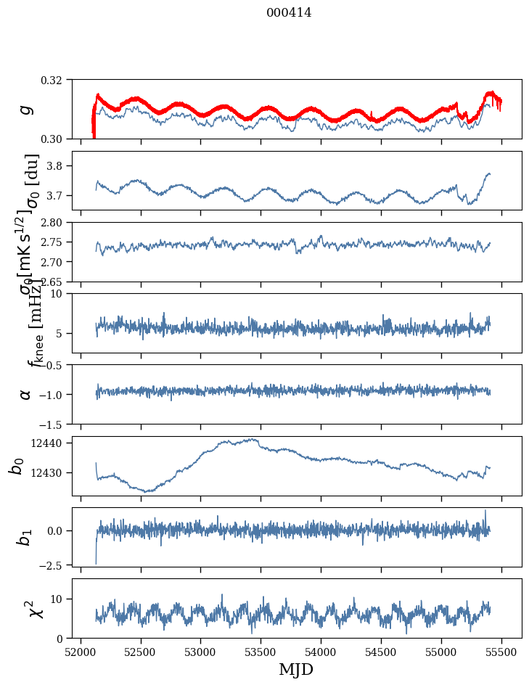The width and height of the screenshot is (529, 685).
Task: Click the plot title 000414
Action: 289,12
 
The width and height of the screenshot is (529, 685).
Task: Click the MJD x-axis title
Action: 296,669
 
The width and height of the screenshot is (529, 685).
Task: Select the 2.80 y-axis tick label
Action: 56,223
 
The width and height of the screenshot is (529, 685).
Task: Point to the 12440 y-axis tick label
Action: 52,443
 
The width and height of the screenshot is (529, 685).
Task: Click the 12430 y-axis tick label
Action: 52,472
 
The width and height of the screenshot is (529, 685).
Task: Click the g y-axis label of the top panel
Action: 27,109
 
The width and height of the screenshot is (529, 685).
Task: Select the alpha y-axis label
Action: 27,394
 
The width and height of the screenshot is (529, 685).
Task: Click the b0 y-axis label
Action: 17,466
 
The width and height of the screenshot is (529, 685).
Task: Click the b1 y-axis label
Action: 25,537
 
